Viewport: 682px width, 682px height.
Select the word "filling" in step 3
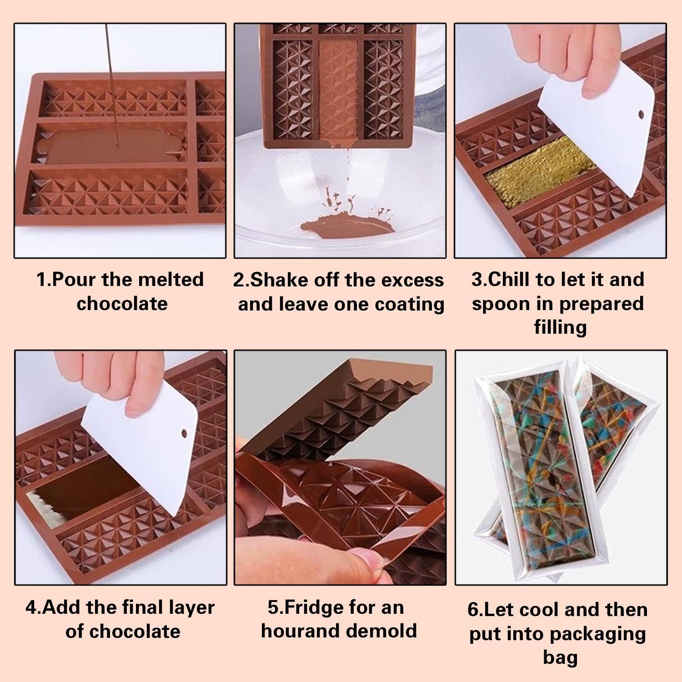[560, 327]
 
